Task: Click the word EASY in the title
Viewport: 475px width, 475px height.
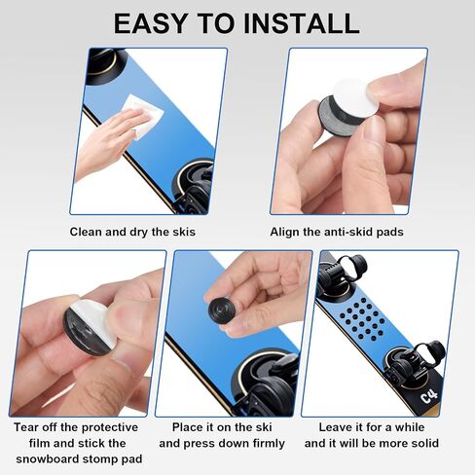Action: click(151, 23)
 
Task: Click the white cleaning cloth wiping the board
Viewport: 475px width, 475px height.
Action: click(143, 115)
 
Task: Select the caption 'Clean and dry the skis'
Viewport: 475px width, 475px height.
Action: click(132, 232)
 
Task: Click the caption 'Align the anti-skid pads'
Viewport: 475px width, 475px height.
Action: click(337, 232)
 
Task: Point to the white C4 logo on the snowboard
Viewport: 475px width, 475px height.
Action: click(429, 396)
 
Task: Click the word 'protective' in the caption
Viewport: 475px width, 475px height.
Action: click(110, 427)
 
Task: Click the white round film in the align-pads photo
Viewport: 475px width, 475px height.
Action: click(354, 97)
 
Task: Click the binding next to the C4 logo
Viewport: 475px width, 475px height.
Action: click(412, 363)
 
